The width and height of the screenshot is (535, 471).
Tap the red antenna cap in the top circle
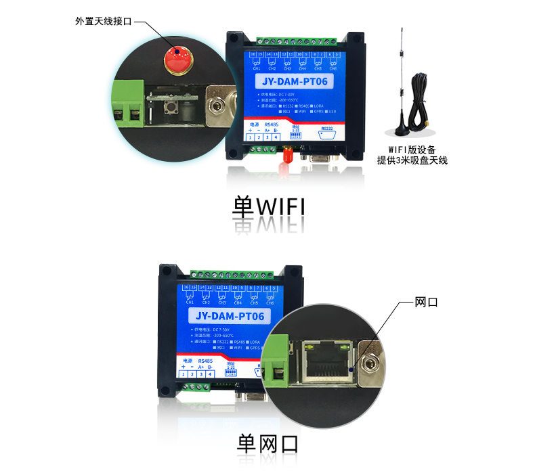click(177, 57)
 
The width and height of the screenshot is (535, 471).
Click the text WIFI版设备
click(412, 150)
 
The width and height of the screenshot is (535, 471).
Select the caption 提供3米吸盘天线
click(412, 161)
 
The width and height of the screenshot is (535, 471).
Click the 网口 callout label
click(426, 302)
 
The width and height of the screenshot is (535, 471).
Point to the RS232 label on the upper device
click(327, 127)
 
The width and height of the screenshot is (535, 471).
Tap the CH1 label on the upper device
click(256, 68)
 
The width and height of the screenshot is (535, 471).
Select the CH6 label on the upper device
click(333, 68)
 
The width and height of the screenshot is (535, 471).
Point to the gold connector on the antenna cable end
click(430, 124)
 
